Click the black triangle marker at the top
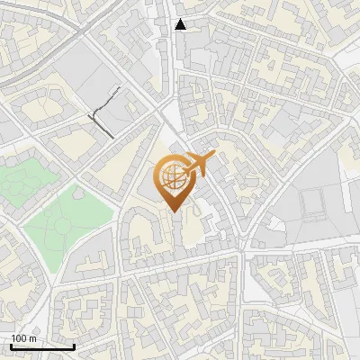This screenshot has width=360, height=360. pyautogui.click(x=181, y=24)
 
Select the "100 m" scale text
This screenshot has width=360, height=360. pyautogui.click(x=23, y=338)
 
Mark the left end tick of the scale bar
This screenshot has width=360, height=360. pyautogui.click(x=11, y=345)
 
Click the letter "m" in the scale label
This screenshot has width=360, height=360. pyautogui.click(x=32, y=338)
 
